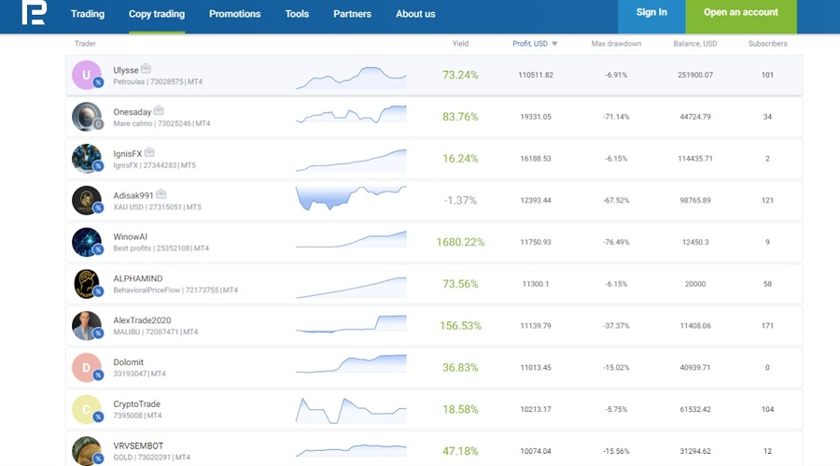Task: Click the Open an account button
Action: click(x=741, y=13)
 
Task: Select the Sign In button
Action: click(x=651, y=13)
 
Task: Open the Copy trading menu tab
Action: click(x=157, y=14)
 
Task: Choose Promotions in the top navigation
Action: click(x=235, y=14)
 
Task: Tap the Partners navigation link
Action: click(x=352, y=14)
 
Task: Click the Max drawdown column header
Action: click(x=616, y=44)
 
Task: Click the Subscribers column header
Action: click(x=767, y=44)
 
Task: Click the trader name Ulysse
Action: click(x=126, y=69)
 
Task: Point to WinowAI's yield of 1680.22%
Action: click(x=460, y=242)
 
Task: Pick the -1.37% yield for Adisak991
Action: click(x=460, y=200)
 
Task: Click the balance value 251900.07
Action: click(x=694, y=75)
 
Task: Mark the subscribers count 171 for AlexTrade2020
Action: click(x=767, y=326)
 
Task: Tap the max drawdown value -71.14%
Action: click(x=616, y=117)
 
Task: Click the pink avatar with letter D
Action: click(x=86, y=367)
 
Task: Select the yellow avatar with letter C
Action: click(x=86, y=409)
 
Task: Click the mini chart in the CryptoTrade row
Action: click(x=351, y=409)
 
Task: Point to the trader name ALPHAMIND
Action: click(x=139, y=277)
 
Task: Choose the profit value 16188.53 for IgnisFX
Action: click(x=535, y=159)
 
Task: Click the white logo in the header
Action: click(x=34, y=13)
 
